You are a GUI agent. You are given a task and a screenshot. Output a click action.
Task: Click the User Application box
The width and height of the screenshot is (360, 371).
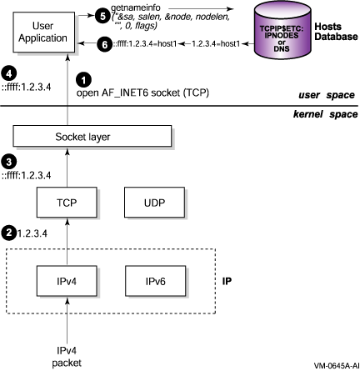[x=43, y=32]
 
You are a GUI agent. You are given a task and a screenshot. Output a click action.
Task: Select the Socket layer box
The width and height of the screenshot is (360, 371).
[x=92, y=136]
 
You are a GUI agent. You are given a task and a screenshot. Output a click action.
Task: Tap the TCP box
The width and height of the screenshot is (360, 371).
[x=67, y=202]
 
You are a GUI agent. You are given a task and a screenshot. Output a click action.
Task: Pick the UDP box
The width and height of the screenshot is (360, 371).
[x=154, y=202]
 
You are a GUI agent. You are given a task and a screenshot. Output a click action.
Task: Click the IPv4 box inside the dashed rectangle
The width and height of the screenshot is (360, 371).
[x=67, y=281]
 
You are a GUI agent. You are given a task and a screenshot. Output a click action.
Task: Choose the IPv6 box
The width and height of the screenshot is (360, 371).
[x=155, y=281]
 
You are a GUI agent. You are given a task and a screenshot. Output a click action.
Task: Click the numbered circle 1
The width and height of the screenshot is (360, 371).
[x=83, y=80]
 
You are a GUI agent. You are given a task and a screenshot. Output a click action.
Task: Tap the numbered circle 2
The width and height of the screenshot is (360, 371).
[x=9, y=233]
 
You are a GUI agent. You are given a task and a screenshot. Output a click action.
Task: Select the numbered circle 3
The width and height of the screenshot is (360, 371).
[x=9, y=162]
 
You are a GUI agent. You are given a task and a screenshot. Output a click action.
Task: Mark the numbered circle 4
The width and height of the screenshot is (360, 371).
[x=9, y=73]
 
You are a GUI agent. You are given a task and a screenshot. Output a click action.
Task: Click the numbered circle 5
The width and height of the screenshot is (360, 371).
[x=102, y=16]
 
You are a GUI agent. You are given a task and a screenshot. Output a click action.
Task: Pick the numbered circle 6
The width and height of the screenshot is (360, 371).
[x=104, y=44]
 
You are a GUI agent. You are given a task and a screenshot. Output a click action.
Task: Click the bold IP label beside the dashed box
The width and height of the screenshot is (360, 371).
[x=227, y=281]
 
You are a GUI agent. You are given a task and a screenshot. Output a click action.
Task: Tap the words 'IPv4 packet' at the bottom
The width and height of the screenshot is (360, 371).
[x=67, y=357]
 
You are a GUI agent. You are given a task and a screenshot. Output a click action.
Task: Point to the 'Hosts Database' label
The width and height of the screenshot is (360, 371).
[x=336, y=32]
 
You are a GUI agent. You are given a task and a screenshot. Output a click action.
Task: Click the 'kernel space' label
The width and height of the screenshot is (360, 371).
[x=326, y=114]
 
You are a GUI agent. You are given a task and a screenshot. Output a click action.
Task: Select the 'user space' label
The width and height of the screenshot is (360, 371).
[x=327, y=95]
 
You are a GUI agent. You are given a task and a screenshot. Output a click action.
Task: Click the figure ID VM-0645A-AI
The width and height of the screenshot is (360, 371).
[x=337, y=365]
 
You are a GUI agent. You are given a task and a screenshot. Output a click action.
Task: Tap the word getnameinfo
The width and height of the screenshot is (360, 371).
[x=136, y=8]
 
